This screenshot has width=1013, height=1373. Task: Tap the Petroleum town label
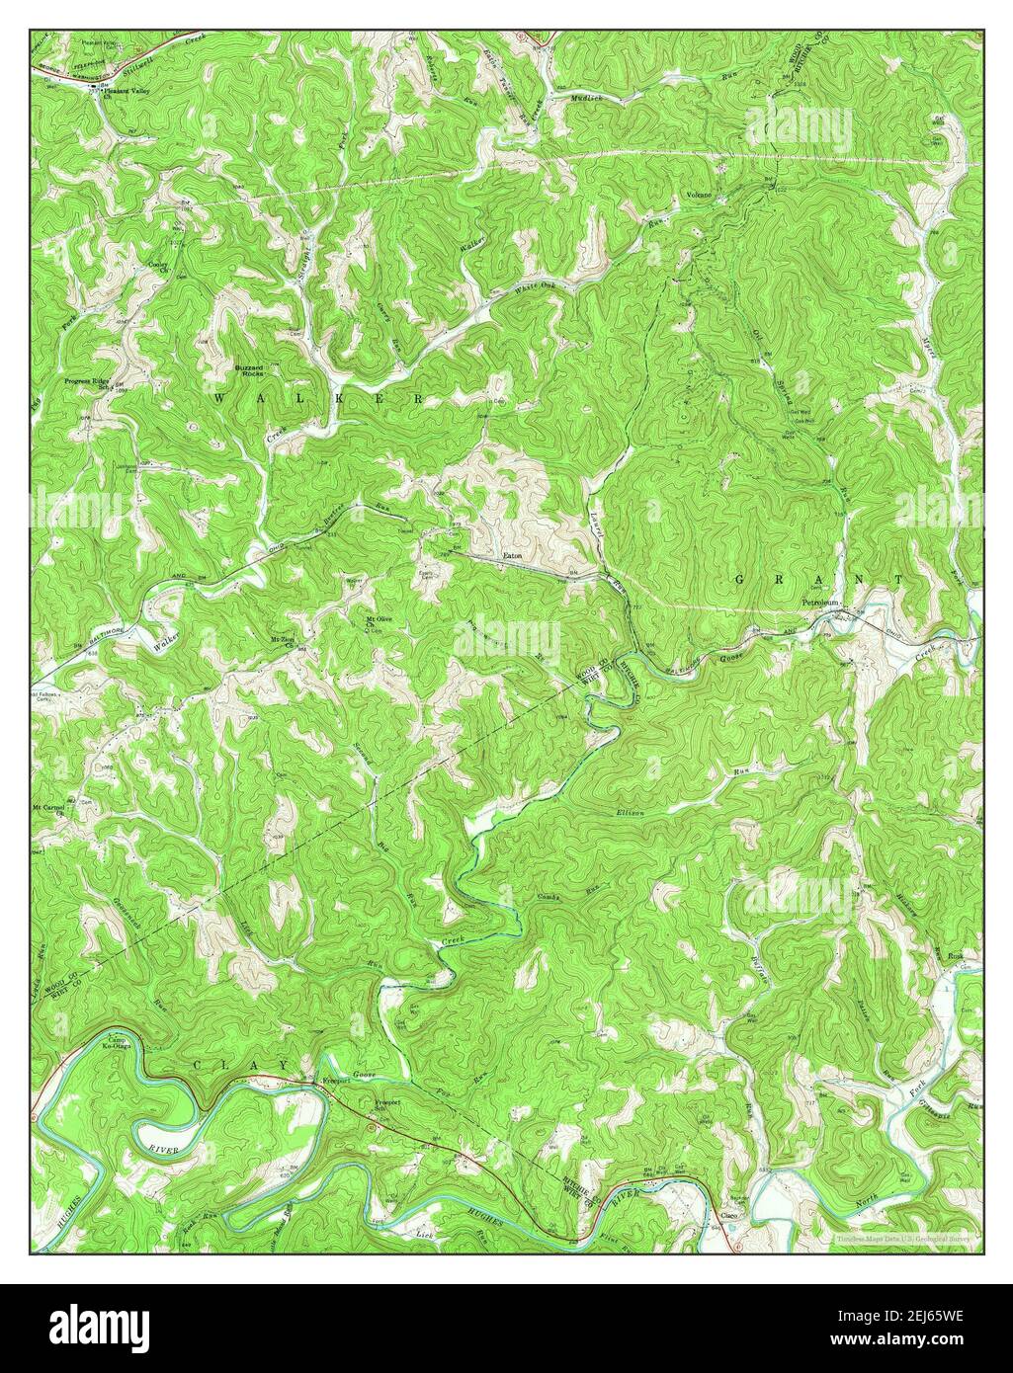pos(819,602)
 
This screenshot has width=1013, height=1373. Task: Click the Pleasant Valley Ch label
pos(122,91)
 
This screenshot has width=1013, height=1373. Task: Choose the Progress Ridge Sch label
pos(87,382)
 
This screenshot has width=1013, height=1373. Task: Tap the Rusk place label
pos(956,956)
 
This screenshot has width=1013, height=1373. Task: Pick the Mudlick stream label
pos(585,99)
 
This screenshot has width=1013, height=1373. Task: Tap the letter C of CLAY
pos(201,1065)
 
